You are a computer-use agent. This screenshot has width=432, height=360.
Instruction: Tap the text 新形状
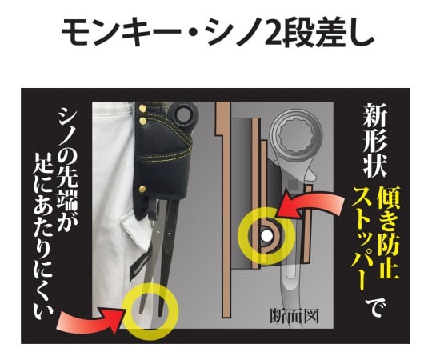(375, 141)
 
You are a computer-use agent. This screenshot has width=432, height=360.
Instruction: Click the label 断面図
(294, 316)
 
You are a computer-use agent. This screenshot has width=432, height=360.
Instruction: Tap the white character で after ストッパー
(374, 307)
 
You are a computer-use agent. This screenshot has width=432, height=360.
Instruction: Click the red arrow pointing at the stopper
(311, 203)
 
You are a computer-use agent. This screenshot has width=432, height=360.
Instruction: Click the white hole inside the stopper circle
(266, 235)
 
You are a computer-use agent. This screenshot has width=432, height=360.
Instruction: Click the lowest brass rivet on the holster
(142, 189)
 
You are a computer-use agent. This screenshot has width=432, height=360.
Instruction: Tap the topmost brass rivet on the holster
(142, 109)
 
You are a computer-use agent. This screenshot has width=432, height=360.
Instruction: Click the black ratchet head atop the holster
(183, 114)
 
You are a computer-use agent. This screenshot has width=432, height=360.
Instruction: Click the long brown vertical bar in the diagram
(224, 210)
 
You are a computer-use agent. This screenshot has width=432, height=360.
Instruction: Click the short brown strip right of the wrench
(307, 223)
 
